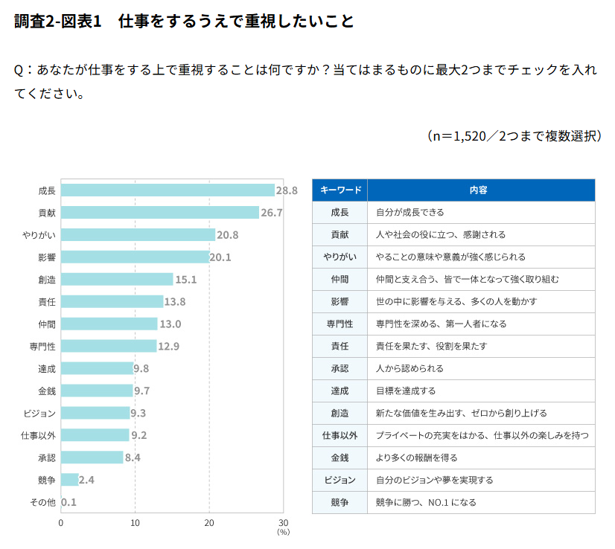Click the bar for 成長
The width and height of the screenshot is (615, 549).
[x=168, y=190]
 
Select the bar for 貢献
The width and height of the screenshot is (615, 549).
[x=159, y=213]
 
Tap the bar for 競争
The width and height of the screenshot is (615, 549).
[x=69, y=480]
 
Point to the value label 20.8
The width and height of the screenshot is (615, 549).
[x=228, y=235]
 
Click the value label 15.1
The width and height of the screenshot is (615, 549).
[x=186, y=280]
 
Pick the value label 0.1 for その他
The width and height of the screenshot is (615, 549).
[x=68, y=502]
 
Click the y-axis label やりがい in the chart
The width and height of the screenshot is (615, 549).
[x=39, y=235]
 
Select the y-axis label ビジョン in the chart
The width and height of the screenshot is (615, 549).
[x=39, y=414]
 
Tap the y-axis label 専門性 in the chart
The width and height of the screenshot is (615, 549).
[x=42, y=347]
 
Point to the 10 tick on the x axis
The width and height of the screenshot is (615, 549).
[x=135, y=523]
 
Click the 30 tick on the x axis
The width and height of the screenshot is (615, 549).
[x=283, y=523]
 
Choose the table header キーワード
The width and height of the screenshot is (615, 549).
[x=340, y=190]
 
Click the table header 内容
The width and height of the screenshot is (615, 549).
[x=479, y=190]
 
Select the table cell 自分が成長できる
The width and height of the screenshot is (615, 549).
[x=410, y=213]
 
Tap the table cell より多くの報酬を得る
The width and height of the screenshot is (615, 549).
[x=416, y=457]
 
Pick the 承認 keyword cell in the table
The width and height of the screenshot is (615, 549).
[x=340, y=368]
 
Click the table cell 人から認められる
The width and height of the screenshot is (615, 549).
[x=410, y=368]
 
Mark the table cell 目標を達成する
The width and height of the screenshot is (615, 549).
[x=406, y=391]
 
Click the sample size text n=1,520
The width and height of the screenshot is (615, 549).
[x=459, y=136]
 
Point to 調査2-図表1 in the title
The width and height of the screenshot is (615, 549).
[x=57, y=21]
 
